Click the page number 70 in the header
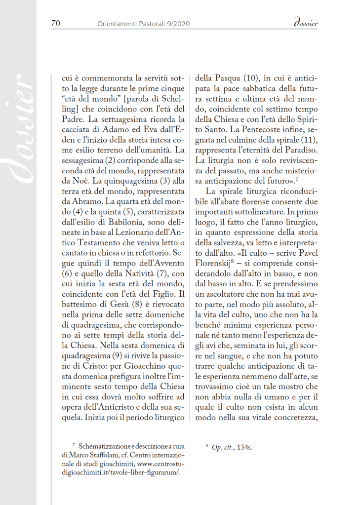coord(55,23)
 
